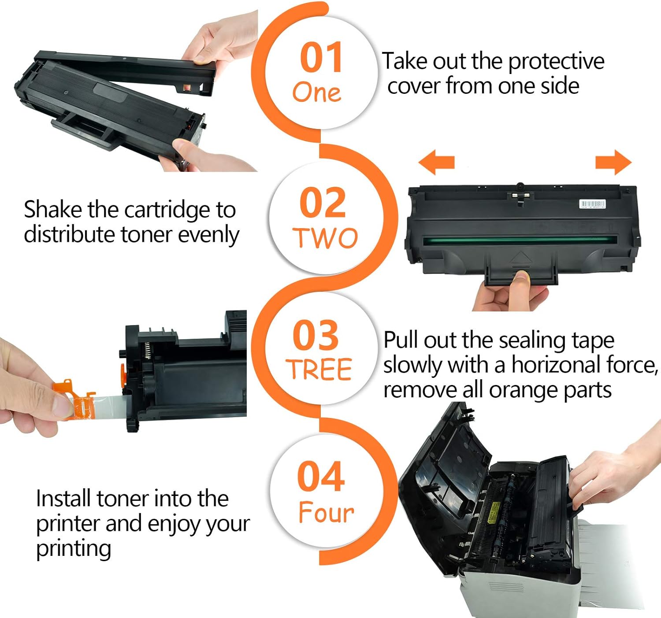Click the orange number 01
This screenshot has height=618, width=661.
click(321, 57)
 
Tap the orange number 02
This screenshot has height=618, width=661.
click(323, 203)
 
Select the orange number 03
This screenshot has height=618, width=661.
click(316, 336)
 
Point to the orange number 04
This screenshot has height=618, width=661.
click(321, 476)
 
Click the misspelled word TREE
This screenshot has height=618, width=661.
click(319, 369)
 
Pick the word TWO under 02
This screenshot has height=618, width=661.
click(325, 238)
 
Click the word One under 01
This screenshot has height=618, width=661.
click(316, 93)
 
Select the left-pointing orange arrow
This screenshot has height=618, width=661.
click(436, 162)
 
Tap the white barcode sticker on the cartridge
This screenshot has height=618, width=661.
click(592, 204)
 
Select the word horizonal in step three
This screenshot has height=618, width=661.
click(557, 365)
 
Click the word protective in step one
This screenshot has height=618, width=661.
click(556, 61)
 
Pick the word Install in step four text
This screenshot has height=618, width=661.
click(64, 499)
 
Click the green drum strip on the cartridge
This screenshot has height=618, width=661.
click(520, 241)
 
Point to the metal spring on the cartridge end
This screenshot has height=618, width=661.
click(148, 350)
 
